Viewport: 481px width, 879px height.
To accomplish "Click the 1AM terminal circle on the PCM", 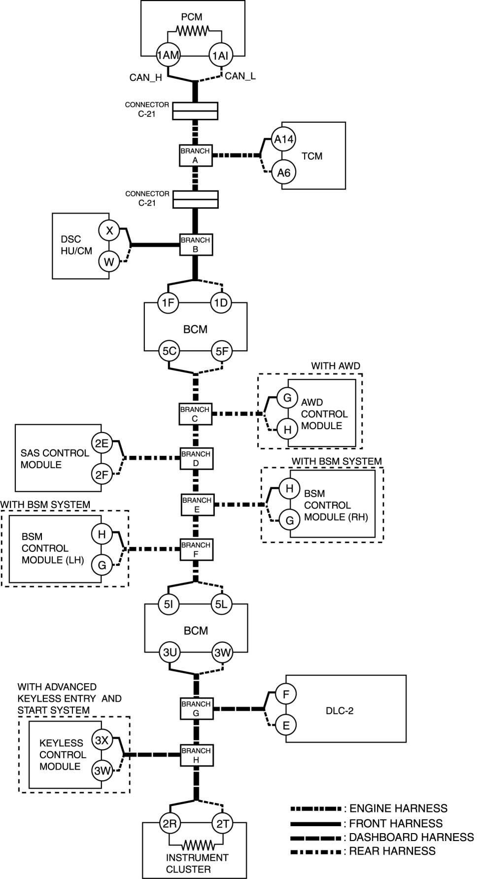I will point(168,55).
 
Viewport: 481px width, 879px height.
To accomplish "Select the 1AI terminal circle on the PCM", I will point(220,56).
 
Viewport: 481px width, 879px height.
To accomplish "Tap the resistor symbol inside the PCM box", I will point(194,31).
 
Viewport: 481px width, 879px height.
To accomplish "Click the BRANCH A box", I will point(195,155).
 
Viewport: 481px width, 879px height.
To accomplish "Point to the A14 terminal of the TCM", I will point(284,140).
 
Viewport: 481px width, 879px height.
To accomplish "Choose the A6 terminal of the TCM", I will point(284,173).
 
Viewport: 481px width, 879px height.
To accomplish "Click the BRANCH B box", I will point(195,245).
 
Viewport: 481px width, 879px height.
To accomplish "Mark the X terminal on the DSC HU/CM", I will point(109,230).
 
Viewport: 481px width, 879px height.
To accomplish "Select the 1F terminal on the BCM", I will point(168,302).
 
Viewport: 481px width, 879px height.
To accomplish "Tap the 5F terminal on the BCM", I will point(222,351).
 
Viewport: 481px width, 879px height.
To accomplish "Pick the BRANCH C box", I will point(195,414).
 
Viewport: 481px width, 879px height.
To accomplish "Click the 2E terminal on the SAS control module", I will point(102,443).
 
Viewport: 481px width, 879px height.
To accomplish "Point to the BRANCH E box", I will point(197,505).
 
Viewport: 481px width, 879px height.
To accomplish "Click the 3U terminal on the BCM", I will point(170,653).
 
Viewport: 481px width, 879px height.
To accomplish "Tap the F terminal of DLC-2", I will point(286,694).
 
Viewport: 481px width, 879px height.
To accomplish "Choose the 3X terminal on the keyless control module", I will point(102,740).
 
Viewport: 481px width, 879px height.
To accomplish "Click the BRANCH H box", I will point(196,755).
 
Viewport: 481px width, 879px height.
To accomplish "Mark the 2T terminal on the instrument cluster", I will point(223,823).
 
